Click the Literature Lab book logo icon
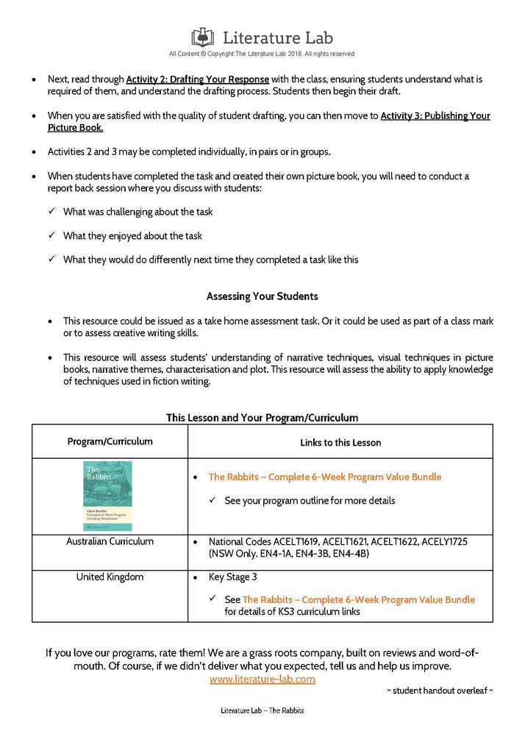203,37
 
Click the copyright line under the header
261,54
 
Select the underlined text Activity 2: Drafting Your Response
198,79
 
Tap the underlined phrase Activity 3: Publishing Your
435,115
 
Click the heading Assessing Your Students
262,296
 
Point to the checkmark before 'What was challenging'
51,212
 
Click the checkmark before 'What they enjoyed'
51,236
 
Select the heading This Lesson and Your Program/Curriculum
262,418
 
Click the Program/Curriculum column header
110,442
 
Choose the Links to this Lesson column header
340,443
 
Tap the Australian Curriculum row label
110,541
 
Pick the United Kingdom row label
110,577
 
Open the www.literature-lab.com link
262,679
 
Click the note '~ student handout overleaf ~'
439,691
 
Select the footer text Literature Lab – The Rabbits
262,711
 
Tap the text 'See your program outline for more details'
310,501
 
